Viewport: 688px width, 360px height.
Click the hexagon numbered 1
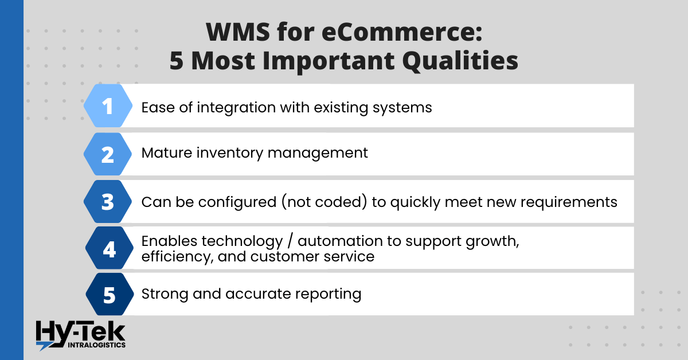108,105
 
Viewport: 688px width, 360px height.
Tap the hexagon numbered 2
108,154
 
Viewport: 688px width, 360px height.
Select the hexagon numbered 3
108,202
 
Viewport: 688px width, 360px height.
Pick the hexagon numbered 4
110,248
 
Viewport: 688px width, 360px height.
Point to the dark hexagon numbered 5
110,294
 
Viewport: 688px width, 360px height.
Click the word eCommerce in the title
402,32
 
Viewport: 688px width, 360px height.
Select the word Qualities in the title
460,61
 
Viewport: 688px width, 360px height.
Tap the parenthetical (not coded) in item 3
324,202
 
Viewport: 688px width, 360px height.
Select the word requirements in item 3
552,202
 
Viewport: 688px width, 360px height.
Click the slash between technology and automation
290,241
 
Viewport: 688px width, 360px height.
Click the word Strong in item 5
165,294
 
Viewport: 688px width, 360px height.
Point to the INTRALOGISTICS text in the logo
96,345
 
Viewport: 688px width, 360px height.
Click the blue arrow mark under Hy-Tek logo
44,346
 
